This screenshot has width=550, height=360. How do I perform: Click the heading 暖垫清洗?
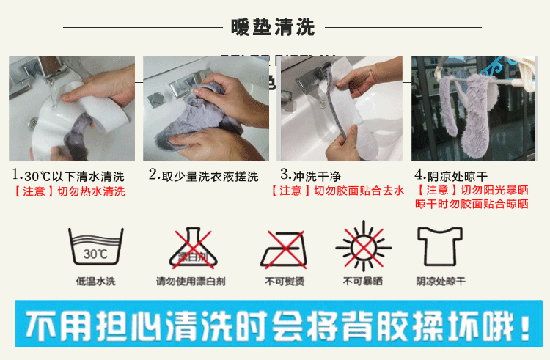[273, 27]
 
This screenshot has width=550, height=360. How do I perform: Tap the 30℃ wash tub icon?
[96, 246]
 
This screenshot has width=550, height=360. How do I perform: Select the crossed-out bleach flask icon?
[194, 248]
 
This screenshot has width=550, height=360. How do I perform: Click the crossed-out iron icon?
[284, 249]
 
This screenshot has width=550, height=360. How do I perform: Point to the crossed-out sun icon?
[364, 247]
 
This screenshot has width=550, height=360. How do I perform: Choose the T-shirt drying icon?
[440, 246]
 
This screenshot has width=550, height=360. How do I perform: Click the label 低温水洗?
[96, 281]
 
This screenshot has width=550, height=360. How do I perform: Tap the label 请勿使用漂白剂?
[191, 281]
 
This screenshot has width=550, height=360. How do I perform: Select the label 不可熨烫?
[285, 281]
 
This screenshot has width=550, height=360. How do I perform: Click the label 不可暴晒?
[363, 281]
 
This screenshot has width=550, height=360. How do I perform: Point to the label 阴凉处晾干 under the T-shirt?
[441, 281]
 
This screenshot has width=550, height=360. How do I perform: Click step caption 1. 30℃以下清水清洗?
[68, 175]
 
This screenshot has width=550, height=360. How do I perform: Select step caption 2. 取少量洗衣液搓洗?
[204, 175]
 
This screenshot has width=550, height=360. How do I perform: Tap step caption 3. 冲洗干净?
[311, 175]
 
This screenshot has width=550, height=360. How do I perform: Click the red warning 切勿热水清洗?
[91, 191]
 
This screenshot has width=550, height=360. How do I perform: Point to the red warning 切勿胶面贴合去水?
[359, 191]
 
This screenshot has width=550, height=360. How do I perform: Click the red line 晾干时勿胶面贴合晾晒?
[472, 204]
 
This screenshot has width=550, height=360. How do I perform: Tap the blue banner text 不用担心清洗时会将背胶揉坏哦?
[277, 327]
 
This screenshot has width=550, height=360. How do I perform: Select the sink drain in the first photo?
[32, 122]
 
